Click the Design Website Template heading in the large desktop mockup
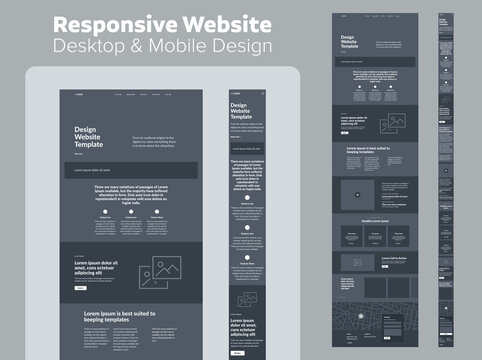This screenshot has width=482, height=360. [x=98, y=136]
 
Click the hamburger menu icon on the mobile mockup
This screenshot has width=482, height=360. [x=264, y=93]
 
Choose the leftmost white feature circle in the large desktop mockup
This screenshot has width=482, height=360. [x=98, y=212]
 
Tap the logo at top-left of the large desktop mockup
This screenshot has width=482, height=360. [x=80, y=95]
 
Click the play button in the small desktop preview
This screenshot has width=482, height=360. [x=357, y=195]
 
